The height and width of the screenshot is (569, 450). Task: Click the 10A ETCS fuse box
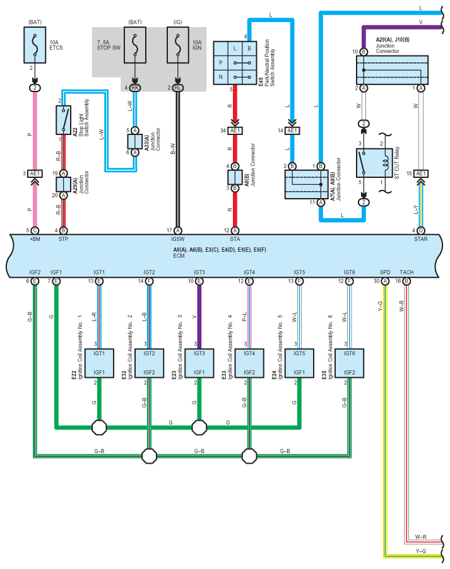[x=35, y=45]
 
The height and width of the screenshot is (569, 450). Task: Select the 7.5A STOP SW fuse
[x=135, y=45]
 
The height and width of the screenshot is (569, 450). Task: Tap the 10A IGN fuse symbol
[x=178, y=45]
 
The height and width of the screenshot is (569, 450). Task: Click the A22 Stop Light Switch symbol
[x=64, y=120]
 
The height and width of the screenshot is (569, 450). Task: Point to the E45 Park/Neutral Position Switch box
[x=235, y=63]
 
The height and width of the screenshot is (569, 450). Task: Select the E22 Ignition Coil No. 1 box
[x=99, y=363]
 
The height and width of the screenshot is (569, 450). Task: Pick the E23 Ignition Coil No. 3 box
[x=199, y=363]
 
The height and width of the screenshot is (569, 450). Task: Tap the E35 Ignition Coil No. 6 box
[x=350, y=363]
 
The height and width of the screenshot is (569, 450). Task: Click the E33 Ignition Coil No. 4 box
[x=249, y=363]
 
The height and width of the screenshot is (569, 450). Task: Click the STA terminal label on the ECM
[x=235, y=239]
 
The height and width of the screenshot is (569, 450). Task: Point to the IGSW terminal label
[x=178, y=239]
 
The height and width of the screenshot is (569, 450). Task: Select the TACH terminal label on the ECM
[x=406, y=272]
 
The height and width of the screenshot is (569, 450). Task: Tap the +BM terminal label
[x=35, y=239]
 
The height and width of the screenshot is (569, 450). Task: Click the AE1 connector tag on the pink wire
[x=35, y=174]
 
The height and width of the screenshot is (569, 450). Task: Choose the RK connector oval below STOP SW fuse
[x=135, y=88]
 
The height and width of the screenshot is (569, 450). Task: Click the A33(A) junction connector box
[x=135, y=141]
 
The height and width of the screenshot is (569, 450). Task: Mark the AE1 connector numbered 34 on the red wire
[x=235, y=131]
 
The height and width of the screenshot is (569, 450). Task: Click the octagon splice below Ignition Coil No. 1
[x=99, y=428]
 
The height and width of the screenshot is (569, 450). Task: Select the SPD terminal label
[x=385, y=272]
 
